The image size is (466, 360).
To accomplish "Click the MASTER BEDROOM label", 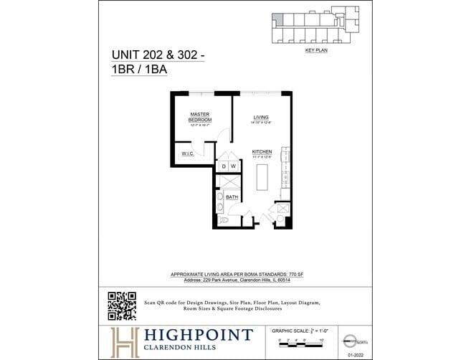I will pos(200,117).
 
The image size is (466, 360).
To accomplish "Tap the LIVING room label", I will pos(260,117).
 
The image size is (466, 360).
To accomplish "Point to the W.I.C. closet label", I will pos(188,153).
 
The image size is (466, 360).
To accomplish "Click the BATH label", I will pos(232,196).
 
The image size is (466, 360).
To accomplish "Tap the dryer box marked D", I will pos(224,166).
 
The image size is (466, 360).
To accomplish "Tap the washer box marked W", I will pos(233,166).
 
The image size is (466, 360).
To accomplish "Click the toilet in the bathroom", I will pos(223,220).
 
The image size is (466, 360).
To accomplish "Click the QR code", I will pos(121,305).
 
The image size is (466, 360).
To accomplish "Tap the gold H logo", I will pos(125,341).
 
